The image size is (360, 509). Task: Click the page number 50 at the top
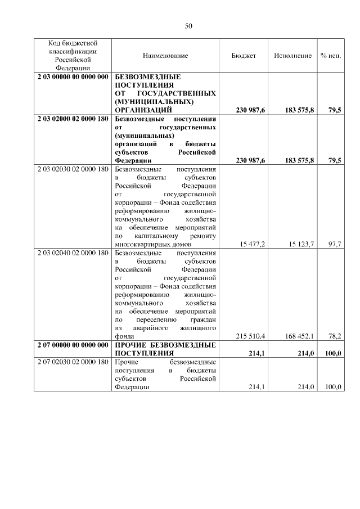(x=188, y=26)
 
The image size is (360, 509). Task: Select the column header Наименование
(x=165, y=55)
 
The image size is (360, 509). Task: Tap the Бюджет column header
(x=244, y=55)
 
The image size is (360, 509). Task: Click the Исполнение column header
(x=292, y=55)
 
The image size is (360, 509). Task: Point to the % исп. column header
(x=331, y=55)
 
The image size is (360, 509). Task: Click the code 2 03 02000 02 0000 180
(x=73, y=119)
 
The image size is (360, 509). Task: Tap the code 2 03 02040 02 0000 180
(x=73, y=253)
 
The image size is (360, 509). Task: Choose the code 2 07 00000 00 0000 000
(x=73, y=344)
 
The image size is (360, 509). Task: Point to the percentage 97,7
(x=335, y=244)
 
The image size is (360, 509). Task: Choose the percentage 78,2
(x=335, y=336)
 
